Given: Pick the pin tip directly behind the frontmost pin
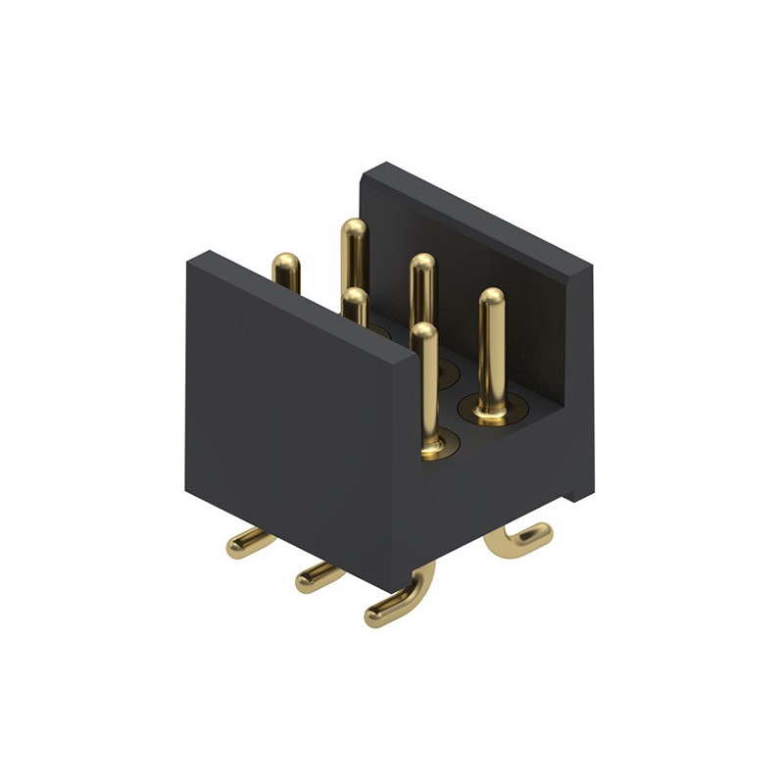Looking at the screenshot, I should (422, 264).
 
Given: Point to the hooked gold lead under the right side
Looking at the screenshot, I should (519, 539).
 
